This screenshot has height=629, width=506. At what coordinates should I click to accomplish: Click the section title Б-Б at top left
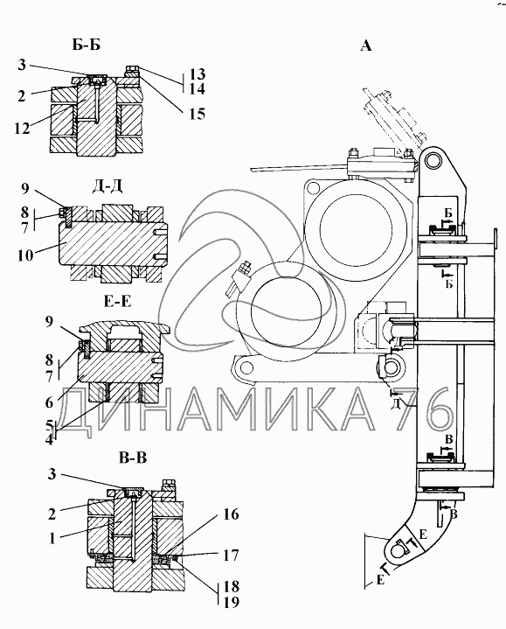pyautogui.click(x=87, y=45)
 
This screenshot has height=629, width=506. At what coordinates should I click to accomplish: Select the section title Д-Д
pyautogui.click(x=107, y=186)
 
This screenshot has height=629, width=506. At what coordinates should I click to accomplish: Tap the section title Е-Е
pyautogui.click(x=117, y=301)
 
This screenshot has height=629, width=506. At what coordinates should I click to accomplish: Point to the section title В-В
pyautogui.click(x=133, y=458)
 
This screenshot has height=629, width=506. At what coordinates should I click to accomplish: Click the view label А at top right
pyautogui.click(x=366, y=46)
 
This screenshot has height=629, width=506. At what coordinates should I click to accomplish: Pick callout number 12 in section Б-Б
pyautogui.click(x=23, y=128)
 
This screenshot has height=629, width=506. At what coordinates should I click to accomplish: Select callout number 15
pyautogui.click(x=198, y=114)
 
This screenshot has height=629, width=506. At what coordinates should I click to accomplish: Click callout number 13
pyautogui.click(x=198, y=73)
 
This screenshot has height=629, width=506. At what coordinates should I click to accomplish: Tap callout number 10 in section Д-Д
pyautogui.click(x=24, y=255)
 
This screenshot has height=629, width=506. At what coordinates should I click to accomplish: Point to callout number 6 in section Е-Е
pyautogui.click(x=49, y=402)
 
